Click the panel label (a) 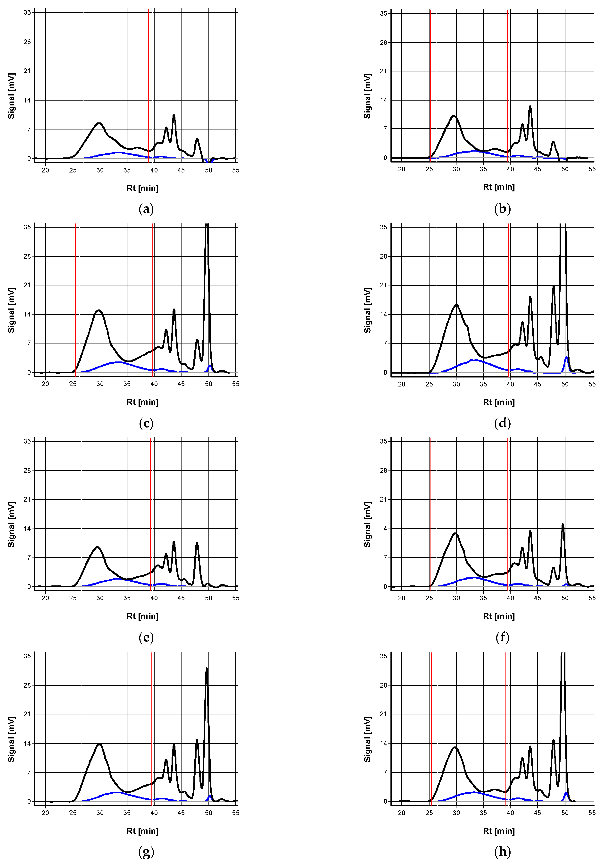[x=146, y=209]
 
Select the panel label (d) [x=502, y=423]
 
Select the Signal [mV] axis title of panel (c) [x=11, y=310]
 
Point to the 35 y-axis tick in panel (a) [x=27, y=12]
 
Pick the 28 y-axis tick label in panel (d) [x=383, y=256]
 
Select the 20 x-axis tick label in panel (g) [x=45, y=813]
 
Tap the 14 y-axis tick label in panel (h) [x=383, y=743]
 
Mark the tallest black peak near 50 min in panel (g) [x=206, y=668]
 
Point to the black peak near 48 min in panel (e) [x=197, y=543]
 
